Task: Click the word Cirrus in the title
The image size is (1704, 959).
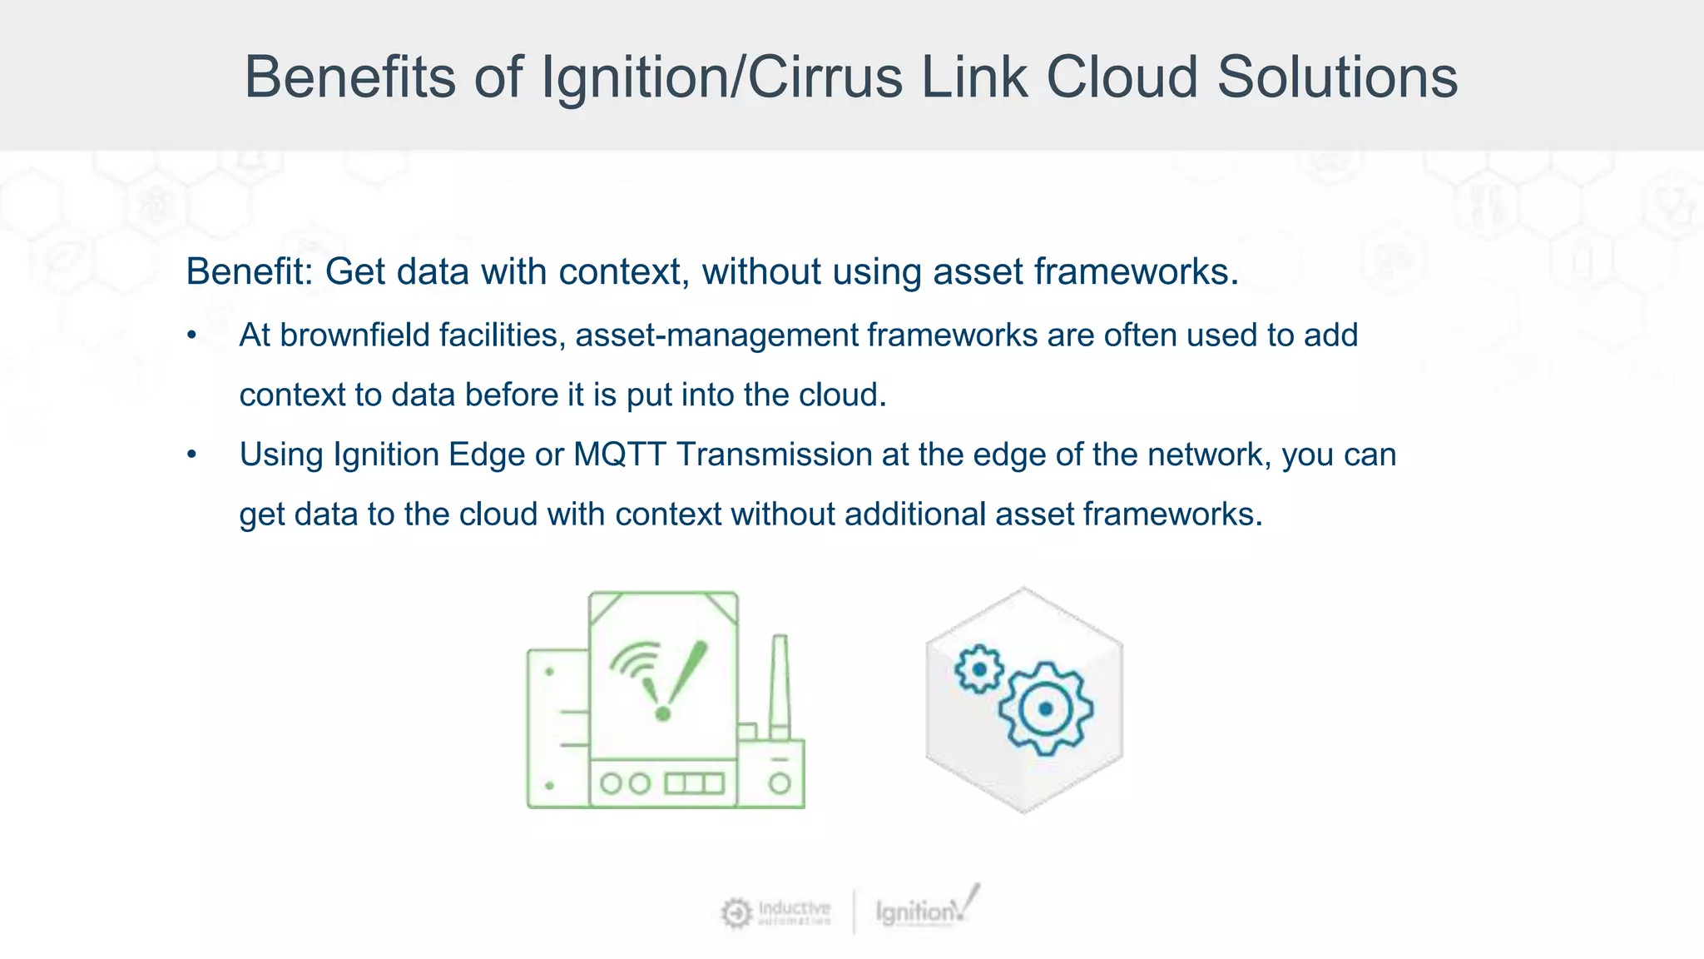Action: (x=825, y=77)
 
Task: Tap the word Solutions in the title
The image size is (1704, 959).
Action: (x=1337, y=77)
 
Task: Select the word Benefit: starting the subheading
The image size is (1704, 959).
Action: (x=249, y=271)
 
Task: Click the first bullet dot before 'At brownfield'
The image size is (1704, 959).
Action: (x=192, y=335)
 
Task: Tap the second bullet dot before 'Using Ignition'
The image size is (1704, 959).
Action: (x=192, y=455)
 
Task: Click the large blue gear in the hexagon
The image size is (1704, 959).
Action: (x=1046, y=708)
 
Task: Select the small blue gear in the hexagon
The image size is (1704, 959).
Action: (x=979, y=668)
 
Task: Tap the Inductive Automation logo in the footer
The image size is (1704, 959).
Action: (x=775, y=912)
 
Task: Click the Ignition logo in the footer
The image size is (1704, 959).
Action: (x=926, y=909)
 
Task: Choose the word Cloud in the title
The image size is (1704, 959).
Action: (x=1122, y=77)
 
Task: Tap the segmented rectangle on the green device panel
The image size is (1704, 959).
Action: (x=694, y=783)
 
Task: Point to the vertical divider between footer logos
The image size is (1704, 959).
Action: (x=854, y=912)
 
